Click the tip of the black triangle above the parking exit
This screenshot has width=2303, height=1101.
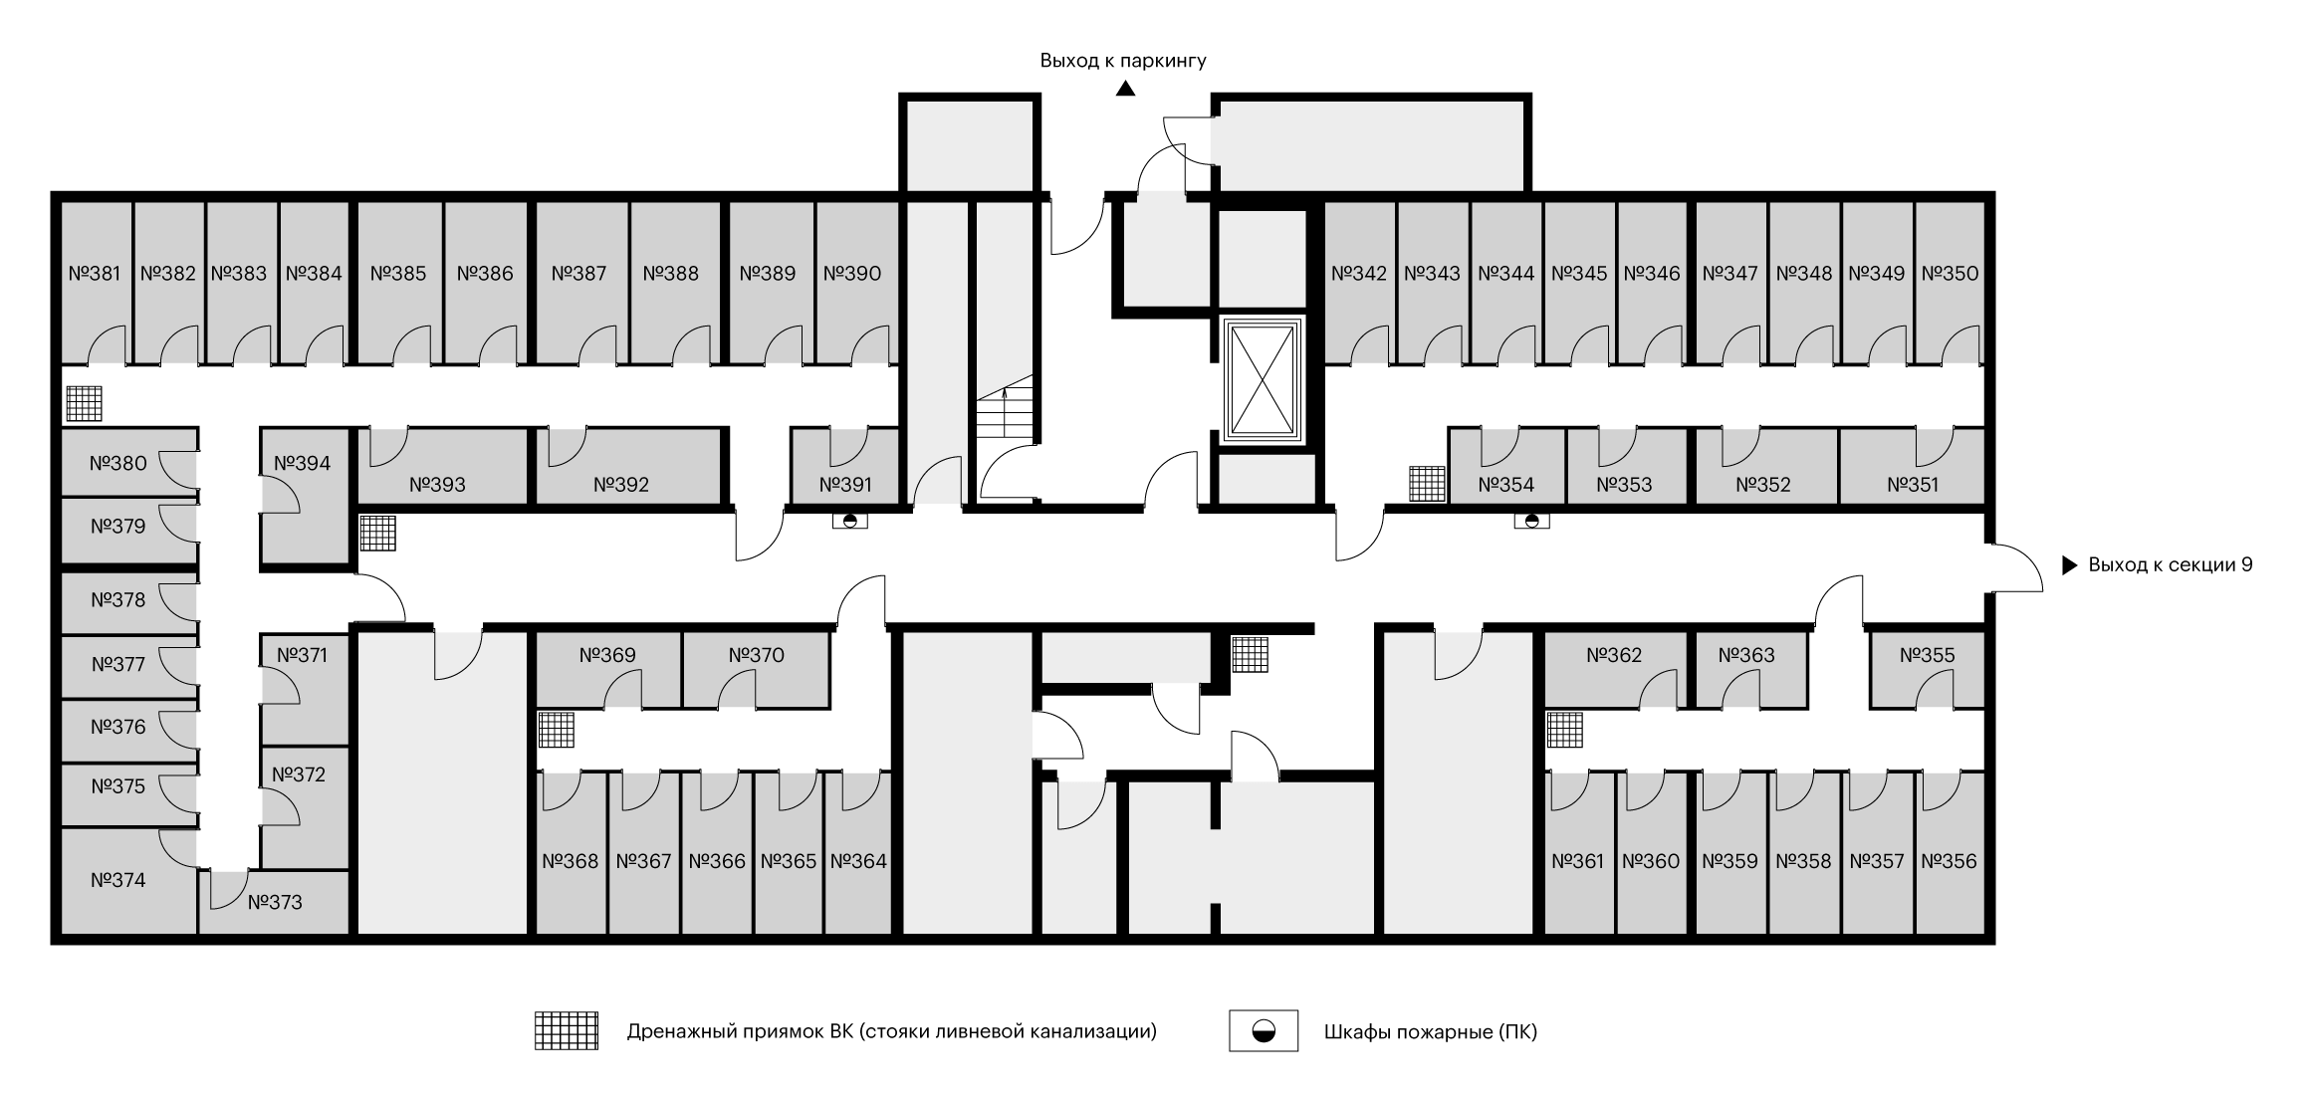pyautogui.click(x=1125, y=81)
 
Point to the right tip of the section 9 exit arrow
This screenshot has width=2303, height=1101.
pyautogui.click(x=2078, y=565)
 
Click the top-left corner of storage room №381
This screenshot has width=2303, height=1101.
pyautogui.click(x=63, y=203)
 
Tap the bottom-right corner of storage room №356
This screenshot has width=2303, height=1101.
pyautogui.click(x=1983, y=934)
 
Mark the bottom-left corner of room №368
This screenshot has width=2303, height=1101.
pyautogui.click(x=539, y=934)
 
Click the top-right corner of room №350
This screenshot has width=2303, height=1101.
pyautogui.click(x=1983, y=203)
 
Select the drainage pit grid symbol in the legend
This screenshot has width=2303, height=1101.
pyautogui.click(x=567, y=1031)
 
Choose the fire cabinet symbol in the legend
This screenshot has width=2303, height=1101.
pyautogui.click(x=1264, y=1031)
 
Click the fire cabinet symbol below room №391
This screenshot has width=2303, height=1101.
pyautogui.click(x=849, y=520)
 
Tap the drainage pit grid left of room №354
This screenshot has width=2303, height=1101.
pyautogui.click(x=1427, y=484)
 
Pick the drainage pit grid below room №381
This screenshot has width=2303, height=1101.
pyautogui.click(x=85, y=403)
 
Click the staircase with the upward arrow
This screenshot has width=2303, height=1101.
pyautogui.click(x=1005, y=407)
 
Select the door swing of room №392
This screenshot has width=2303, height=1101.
pyautogui.click(x=567, y=446)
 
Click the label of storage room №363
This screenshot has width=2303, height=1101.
pyautogui.click(x=1746, y=655)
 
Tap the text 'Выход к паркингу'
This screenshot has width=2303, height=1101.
pyautogui.click(x=1123, y=61)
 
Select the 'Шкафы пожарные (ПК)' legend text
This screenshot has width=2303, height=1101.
pyautogui.click(x=1431, y=1031)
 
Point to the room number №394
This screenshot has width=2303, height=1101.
pyautogui.click(x=303, y=463)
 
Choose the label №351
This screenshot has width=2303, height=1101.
pyautogui.click(x=1913, y=485)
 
